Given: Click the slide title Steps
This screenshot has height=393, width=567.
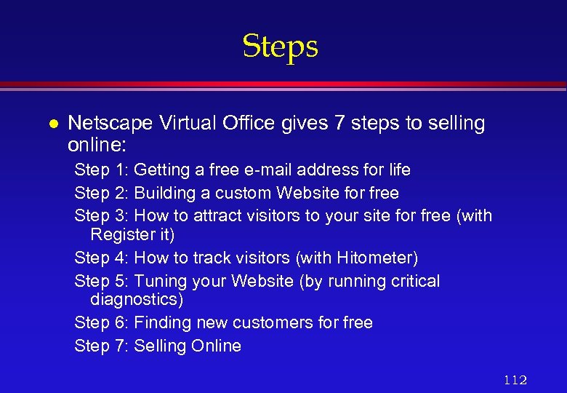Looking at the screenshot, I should click(280, 47).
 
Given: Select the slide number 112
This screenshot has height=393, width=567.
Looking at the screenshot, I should click(515, 379).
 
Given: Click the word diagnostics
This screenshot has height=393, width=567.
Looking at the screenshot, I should click(135, 299).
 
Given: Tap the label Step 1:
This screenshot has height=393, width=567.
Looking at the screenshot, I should click(102, 170).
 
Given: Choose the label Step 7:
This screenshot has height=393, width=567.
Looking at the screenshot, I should click(102, 346).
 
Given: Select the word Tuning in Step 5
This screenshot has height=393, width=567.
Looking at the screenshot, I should click(161, 281).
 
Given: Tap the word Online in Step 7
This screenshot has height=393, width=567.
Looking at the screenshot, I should click(216, 346).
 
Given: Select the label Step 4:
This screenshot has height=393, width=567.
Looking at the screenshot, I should click(102, 258).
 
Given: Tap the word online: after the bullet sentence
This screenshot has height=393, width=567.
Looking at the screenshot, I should click(97, 143).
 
